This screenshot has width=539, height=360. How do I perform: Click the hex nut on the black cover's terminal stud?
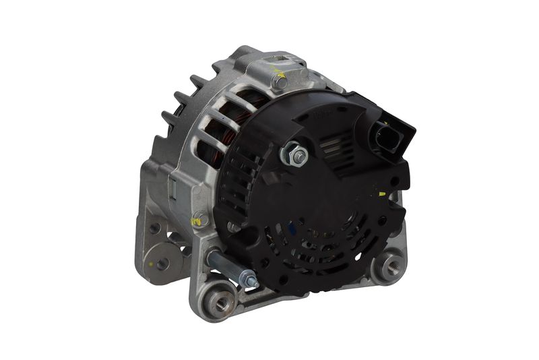tap(297, 156)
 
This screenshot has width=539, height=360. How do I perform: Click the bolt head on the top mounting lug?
tap(279, 82)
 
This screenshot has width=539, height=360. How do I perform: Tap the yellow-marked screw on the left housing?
tap(198, 220)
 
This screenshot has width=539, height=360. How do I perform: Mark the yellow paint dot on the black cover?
tap(382, 194)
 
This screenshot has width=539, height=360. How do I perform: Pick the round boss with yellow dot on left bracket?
tap(162, 262)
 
